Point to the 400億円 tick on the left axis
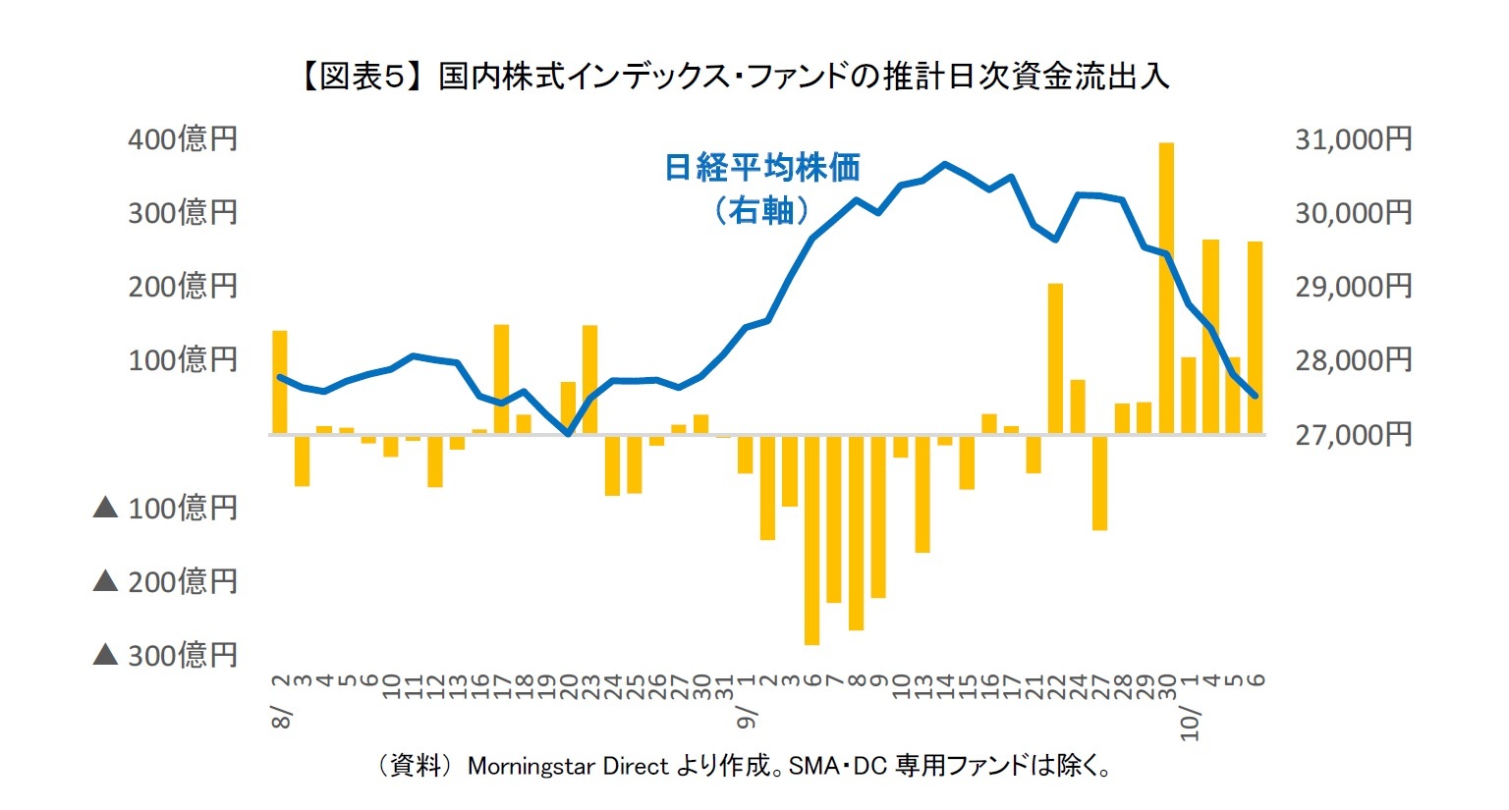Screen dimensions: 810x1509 [x=183, y=138]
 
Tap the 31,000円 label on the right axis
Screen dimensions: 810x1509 [x=1353, y=138]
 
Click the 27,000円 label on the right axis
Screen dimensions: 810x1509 [x=1353, y=433]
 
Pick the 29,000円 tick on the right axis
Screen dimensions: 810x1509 [x=1353, y=286]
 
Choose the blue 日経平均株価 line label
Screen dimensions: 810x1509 [x=762, y=168]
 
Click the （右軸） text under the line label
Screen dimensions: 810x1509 [x=762, y=209]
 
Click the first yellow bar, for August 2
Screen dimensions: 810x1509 [x=280, y=382]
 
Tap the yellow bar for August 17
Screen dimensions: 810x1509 [x=501, y=378]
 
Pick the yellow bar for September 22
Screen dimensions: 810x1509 [x=1055, y=358]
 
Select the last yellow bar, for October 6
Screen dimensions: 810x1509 [x=1255, y=337]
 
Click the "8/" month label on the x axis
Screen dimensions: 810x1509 [x=282, y=717]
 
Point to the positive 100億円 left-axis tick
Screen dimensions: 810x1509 [x=183, y=359]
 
